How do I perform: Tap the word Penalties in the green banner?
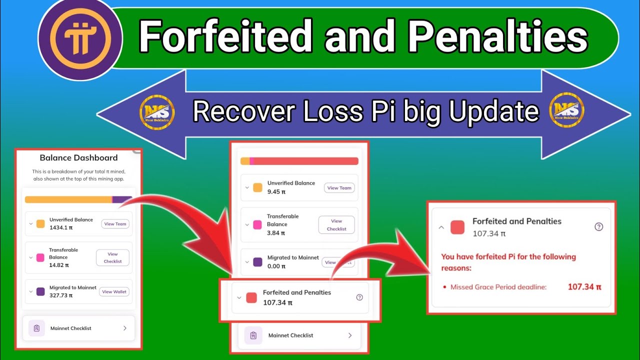(x=497, y=38)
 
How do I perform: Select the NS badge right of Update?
(x=567, y=111)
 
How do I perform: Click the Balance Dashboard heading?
(x=78, y=157)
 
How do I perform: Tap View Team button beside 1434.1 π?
(x=115, y=224)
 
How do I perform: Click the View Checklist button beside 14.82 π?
(x=112, y=257)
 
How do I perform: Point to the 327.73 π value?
(x=60, y=295)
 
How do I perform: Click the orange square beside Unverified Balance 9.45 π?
(x=257, y=187)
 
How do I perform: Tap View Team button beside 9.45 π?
(x=339, y=188)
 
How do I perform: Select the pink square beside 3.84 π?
(x=257, y=224)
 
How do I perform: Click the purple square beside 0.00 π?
(x=257, y=262)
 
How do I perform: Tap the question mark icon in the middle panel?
(x=359, y=297)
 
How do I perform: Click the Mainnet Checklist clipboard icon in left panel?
(x=36, y=328)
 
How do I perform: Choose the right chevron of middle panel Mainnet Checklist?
(x=349, y=335)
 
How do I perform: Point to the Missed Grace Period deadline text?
(x=498, y=287)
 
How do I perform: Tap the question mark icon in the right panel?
(x=598, y=226)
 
